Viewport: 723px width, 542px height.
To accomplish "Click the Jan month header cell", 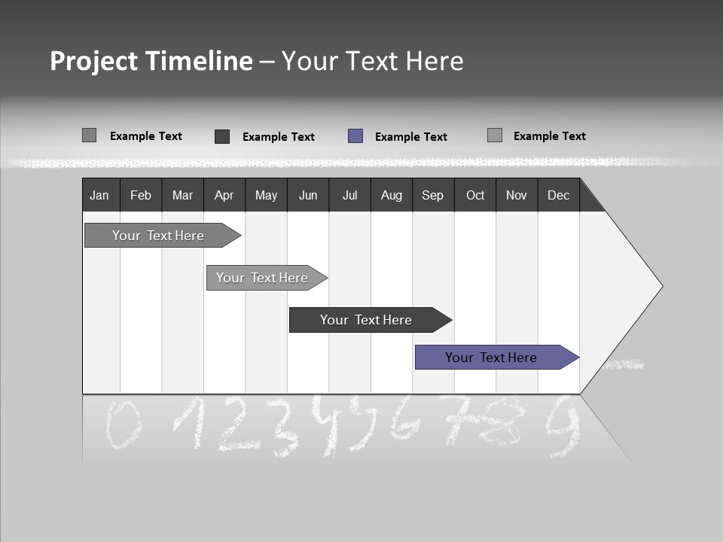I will click(100, 195).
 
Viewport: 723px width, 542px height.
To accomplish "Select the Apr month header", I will click(224, 195).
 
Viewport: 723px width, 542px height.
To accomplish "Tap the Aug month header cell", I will click(392, 195).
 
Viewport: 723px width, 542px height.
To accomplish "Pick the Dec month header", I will click(558, 195).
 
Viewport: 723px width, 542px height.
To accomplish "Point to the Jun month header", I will click(308, 195).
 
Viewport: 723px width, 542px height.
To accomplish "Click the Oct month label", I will click(475, 195).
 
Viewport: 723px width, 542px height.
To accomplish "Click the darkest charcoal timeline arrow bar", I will click(367, 320).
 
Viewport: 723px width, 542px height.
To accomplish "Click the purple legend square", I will click(355, 136).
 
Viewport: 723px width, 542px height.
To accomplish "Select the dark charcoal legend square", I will click(222, 136).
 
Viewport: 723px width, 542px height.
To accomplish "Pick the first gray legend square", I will click(90, 135).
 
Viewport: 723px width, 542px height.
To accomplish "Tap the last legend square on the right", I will click(495, 135).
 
